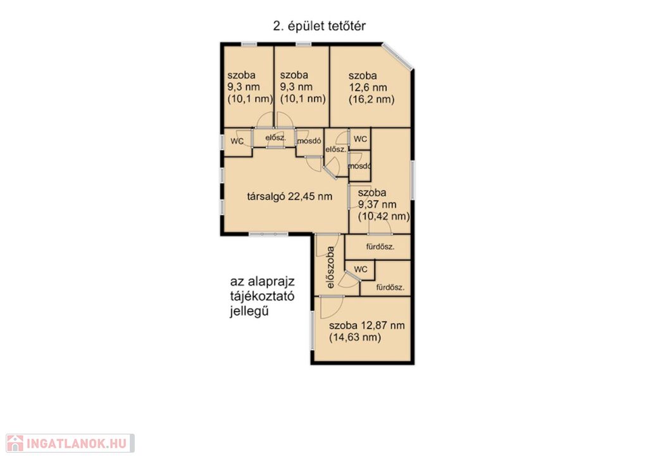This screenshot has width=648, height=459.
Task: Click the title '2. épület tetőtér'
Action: pyautogui.click(x=319, y=26)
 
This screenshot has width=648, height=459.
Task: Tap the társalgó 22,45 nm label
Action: pyautogui.click(x=290, y=196)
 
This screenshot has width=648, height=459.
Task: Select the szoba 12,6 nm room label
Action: pyautogui.click(x=368, y=82)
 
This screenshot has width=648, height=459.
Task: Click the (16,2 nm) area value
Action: pyautogui.click(x=371, y=99)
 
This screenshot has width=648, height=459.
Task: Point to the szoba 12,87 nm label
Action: pyautogui.click(x=367, y=325)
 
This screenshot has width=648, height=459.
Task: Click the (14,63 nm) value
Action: pyautogui.click(x=355, y=337)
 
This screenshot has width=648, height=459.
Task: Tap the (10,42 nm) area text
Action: pyautogui.click(x=384, y=217)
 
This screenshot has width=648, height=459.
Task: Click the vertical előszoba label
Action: pyautogui.click(x=330, y=268)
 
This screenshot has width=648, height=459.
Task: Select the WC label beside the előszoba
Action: pyautogui.click(x=361, y=270)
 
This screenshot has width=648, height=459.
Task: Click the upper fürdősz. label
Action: pyautogui.click(x=380, y=247)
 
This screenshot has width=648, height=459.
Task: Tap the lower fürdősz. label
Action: pyautogui.click(x=390, y=287)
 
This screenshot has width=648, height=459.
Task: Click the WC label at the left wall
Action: pyautogui.click(x=237, y=141)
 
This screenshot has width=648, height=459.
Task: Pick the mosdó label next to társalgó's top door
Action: pyautogui.click(x=309, y=141)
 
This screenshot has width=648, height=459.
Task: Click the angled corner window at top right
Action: pyautogui.click(x=397, y=56)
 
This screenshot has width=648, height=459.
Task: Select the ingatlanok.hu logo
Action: pyautogui.click(x=70, y=443)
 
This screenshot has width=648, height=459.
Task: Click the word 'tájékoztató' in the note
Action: pyautogui.click(x=262, y=297)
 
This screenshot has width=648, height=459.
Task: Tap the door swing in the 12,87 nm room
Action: pyautogui.click(x=332, y=307)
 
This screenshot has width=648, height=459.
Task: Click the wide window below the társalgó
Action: pyautogui.click(x=268, y=234)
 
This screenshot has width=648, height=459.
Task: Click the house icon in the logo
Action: pyautogui.click(x=15, y=443)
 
